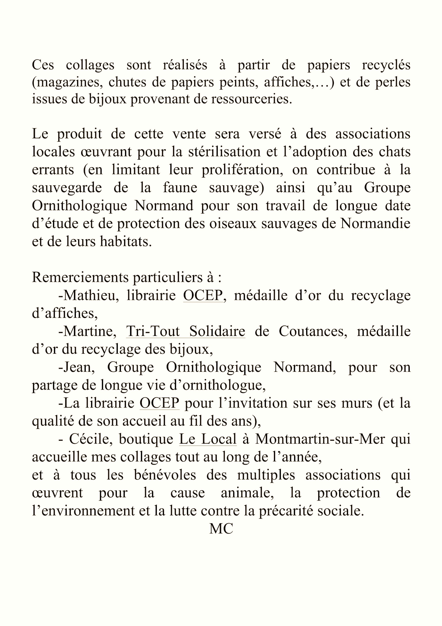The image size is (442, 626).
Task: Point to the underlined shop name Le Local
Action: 208,439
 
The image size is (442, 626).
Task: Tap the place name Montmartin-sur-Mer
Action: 320,439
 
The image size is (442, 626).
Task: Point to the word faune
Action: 180,188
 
